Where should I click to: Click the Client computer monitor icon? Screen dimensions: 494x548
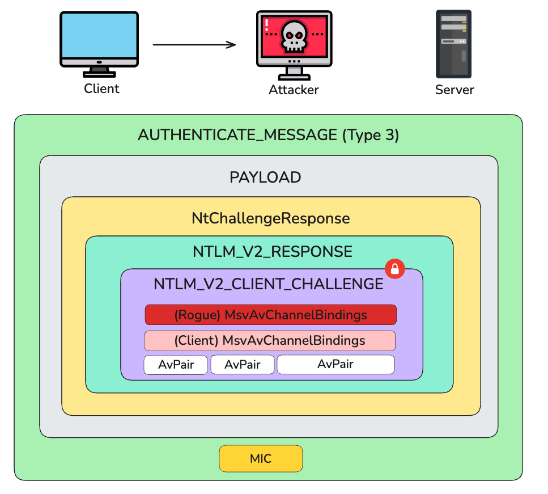point(99,43)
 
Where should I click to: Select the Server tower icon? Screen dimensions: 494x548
point(454,44)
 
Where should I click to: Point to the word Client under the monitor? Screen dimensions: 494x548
point(101,88)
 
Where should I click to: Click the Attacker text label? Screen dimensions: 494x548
point(294,90)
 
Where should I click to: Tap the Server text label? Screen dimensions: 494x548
point(454,90)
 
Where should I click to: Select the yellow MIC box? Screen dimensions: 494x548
point(261,458)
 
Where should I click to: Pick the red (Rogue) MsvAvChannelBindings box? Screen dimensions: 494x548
point(270,315)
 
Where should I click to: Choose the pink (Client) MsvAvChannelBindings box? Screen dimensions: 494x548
point(270,340)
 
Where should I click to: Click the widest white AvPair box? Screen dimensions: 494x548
point(335,364)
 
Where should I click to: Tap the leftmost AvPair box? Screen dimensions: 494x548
point(176,364)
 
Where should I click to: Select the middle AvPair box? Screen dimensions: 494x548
point(243,364)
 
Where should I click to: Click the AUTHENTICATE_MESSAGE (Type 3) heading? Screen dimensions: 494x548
point(269,135)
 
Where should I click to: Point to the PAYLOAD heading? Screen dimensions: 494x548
point(265,177)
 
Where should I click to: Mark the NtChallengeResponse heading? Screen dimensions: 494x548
point(270,218)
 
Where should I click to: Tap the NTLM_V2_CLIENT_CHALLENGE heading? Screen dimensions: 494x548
point(268,284)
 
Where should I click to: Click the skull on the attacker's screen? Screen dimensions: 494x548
point(293,34)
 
